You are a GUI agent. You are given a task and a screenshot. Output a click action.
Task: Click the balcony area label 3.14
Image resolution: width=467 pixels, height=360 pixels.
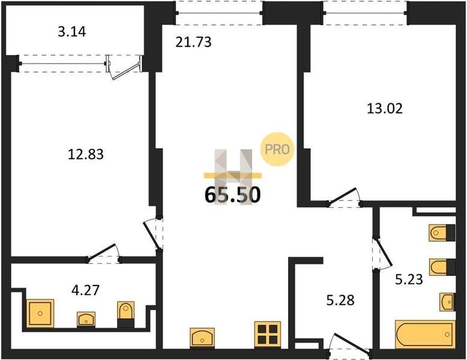tap(72, 32)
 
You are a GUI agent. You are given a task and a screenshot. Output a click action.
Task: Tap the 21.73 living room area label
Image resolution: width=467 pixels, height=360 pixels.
tap(193, 42)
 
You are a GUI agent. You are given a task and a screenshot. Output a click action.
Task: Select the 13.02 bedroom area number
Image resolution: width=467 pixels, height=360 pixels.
tap(385, 109)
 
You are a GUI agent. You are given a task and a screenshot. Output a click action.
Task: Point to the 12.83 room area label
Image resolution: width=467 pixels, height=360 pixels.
tap(86, 154)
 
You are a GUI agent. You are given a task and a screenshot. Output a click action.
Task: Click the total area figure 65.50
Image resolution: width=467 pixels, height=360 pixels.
tap(233, 195)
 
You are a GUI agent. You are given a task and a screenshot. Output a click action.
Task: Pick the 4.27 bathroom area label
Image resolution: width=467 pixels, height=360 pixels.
tap(85, 290)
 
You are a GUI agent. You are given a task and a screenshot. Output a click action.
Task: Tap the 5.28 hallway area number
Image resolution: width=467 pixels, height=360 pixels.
tap(340, 300)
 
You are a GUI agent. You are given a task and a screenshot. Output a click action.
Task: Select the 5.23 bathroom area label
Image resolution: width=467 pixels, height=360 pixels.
tap(409, 280)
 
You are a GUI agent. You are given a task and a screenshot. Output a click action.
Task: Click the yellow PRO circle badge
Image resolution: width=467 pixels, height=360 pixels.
tap(277, 149)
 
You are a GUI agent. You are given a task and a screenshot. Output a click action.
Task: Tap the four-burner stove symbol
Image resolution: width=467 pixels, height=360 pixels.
tap(268, 334)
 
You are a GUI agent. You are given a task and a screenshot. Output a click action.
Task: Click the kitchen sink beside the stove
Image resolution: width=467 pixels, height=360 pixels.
tap(202, 338)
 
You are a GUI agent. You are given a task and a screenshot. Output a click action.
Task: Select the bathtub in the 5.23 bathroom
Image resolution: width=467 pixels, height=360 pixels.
tap(426, 334)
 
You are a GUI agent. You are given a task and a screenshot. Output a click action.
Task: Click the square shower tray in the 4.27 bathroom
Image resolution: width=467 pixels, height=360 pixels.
tap(40, 313)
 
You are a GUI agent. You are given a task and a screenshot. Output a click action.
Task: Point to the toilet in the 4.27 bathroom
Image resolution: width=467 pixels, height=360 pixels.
tap(125, 314)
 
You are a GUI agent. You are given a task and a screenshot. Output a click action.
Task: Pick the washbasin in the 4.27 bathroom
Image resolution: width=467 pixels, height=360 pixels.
tap(86, 319)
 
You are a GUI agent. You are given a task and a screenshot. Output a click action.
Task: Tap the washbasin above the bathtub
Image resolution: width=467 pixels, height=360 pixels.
tap(448, 302)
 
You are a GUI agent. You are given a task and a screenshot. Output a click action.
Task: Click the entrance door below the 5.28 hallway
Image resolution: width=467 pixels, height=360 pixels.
tap(351, 346)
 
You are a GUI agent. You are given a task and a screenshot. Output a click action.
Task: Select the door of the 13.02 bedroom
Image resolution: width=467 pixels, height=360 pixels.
tap(345, 197)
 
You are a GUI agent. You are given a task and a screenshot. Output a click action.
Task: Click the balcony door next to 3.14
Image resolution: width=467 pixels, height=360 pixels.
tap(124, 67)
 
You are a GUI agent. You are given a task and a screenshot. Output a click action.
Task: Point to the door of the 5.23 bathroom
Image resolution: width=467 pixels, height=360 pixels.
tap(382, 253)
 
